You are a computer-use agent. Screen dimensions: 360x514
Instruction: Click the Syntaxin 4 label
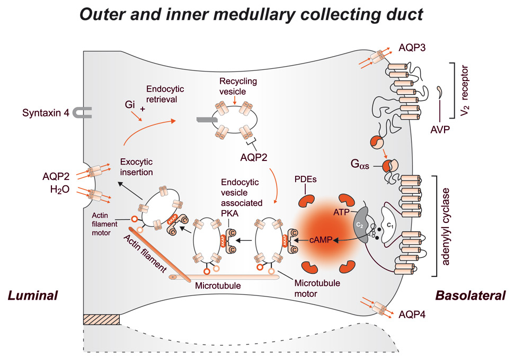point(45,113)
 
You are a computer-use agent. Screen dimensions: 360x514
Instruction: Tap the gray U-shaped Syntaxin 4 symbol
point(84,112)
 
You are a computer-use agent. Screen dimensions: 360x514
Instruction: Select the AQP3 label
point(412,47)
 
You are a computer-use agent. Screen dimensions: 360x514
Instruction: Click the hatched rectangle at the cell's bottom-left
point(102,320)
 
